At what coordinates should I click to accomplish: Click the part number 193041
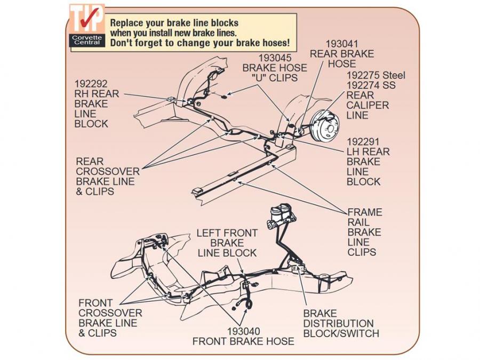tap(342, 44)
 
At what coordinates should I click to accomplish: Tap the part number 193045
tap(275, 58)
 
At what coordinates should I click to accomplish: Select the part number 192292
tap(91, 84)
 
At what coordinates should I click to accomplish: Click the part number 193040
tap(243, 330)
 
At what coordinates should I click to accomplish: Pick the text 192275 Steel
tap(376, 75)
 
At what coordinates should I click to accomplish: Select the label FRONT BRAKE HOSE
tap(243, 341)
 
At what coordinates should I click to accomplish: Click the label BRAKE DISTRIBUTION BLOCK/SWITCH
tap(341, 324)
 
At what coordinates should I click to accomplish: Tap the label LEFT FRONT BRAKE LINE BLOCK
tap(227, 243)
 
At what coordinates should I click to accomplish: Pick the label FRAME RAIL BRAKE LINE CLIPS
tap(365, 232)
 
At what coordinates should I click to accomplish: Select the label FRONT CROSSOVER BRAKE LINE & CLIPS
tap(110, 318)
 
